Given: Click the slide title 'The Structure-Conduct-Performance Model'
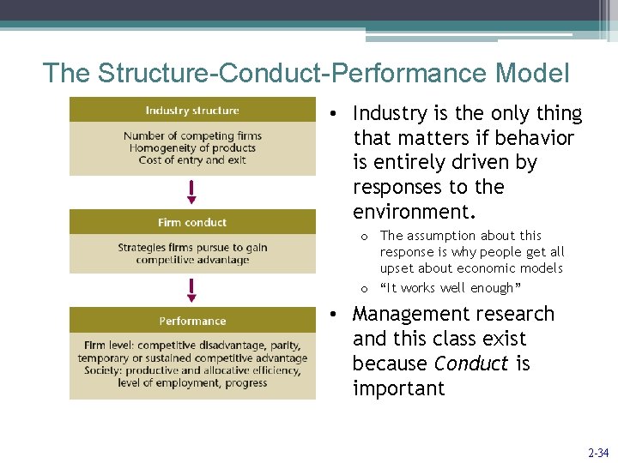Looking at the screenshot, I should (306, 73).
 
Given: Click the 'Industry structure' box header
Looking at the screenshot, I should (192, 111).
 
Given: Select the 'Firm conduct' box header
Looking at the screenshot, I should (192, 222).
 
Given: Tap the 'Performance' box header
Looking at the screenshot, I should (192, 321).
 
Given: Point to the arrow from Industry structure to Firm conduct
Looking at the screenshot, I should (192, 192).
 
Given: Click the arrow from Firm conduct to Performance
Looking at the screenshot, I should (192, 290).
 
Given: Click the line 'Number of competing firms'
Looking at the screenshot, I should (192, 135).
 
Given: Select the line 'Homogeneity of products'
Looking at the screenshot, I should (192, 148).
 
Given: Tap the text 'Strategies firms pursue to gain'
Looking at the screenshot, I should (192, 248).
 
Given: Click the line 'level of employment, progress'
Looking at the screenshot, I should (192, 383).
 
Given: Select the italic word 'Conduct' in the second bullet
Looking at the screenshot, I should (471, 364).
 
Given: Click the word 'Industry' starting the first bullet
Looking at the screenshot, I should (389, 113).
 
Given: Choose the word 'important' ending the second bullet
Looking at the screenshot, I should (398, 388).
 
